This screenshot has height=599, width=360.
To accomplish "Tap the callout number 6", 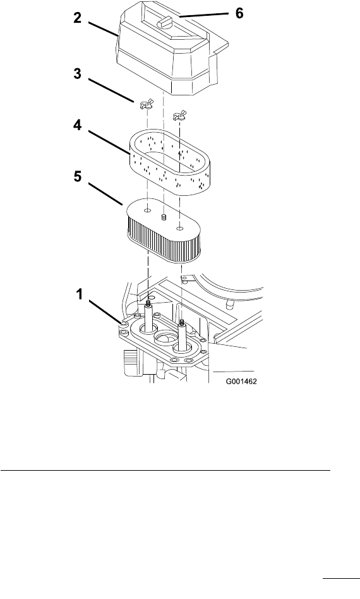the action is (239, 13).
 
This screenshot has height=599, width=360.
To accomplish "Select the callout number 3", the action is (78, 73).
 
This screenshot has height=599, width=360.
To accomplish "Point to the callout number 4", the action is (78, 125).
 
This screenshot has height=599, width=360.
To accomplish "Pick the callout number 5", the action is (78, 177).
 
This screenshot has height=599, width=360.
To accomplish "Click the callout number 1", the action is (79, 294).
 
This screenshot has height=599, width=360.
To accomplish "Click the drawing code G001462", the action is (241, 381).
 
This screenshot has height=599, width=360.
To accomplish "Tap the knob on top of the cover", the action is (165, 21).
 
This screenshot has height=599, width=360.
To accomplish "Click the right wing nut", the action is (179, 116).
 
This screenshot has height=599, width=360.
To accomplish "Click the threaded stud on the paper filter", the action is (164, 217).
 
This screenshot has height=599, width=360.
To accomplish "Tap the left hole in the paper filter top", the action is (148, 210).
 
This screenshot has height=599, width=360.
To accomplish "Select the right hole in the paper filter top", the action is (180, 229).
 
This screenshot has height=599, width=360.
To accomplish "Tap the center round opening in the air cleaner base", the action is (164, 339).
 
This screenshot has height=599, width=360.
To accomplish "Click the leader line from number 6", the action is (204, 15).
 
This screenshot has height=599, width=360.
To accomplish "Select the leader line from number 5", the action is (105, 193).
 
